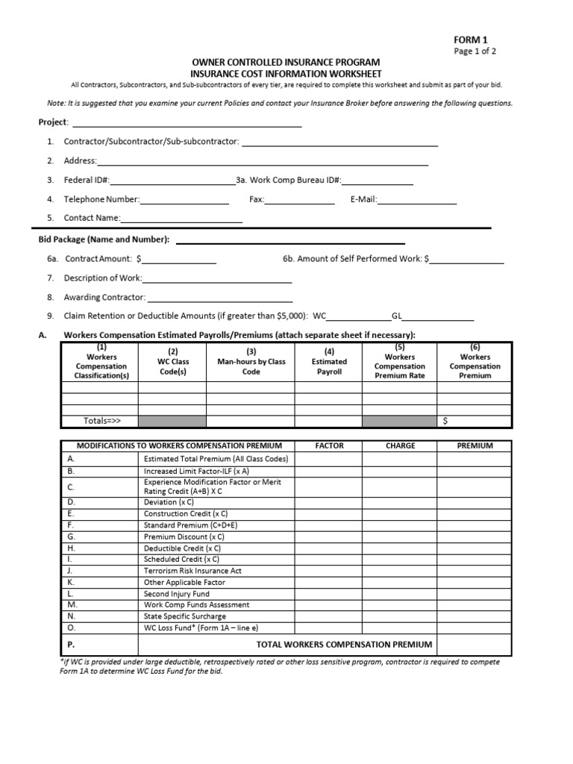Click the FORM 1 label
[471, 40]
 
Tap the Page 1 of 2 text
[475, 51]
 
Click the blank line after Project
[186, 124]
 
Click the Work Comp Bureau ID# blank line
[378, 181]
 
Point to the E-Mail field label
[363, 199]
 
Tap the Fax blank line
[300, 201]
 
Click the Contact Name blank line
[181, 219]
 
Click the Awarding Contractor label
[104, 297]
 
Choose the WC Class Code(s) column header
[173, 361]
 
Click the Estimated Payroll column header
[329, 361]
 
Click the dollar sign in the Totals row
[445, 421]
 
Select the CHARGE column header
[400, 445]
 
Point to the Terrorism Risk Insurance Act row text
[192, 571]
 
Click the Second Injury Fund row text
[176, 594]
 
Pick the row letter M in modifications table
[72, 605]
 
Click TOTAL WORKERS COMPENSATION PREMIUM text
[344, 644]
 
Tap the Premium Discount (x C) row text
[184, 536]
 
